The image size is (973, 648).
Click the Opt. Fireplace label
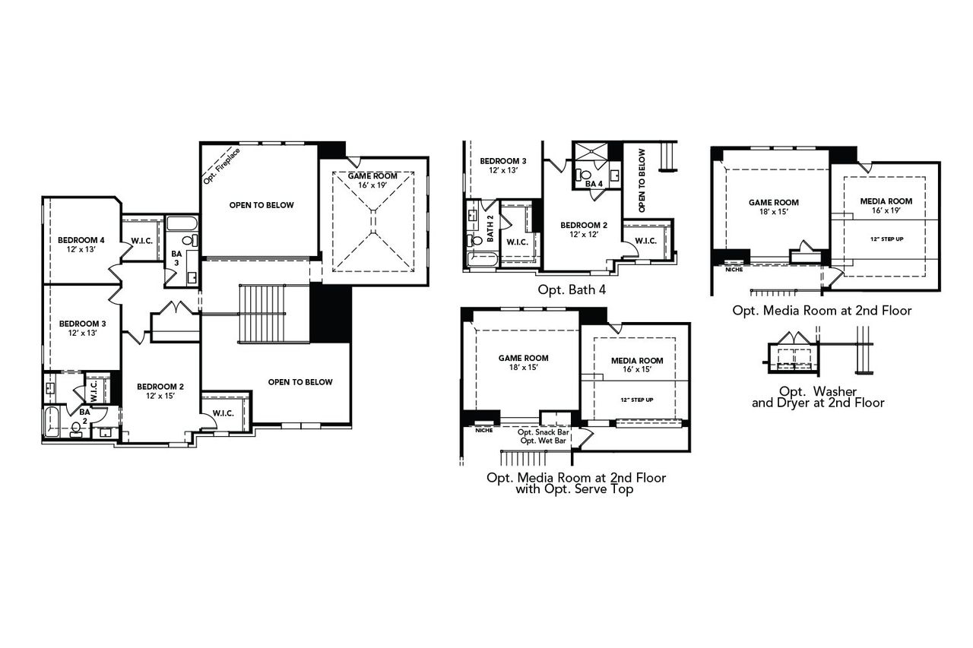[222, 166]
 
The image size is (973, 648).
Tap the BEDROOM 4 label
[81, 245]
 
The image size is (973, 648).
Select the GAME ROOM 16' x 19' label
[372, 180]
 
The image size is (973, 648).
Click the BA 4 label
[594, 183]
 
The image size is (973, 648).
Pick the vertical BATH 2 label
[490, 229]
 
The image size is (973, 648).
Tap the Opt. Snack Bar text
[544, 432]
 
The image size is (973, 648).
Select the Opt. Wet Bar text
[544, 441]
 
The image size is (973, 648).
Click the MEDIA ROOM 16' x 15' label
[637, 365]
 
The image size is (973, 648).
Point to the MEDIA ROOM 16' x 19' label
[886, 206]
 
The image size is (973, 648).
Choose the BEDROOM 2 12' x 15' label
[160, 390]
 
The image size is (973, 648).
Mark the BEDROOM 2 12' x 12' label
[584, 230]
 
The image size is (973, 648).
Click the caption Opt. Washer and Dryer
[818, 397]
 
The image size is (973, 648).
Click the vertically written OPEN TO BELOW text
[642, 179]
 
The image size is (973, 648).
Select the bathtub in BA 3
[182, 224]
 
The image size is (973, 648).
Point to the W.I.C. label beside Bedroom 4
[141, 242]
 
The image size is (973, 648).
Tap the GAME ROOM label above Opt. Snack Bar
[523, 362]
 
